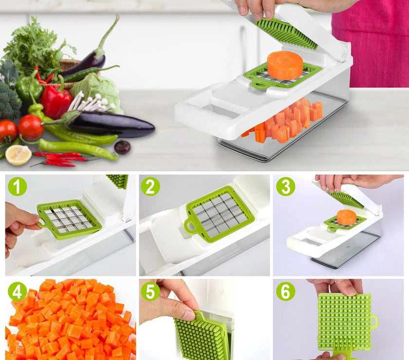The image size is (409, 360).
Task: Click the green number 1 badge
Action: tap(18, 187)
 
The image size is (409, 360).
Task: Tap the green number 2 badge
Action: tap(151, 187)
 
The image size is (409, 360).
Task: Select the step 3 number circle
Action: tap(285, 187)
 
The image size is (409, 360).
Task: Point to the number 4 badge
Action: tap(18, 291)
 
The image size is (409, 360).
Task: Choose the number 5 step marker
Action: tap(151, 291)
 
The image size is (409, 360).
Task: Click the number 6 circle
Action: tap(285, 291)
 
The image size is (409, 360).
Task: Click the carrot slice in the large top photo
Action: tap(285, 65)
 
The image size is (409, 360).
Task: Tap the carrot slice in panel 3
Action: tap(346, 217)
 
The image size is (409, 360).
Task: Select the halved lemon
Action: tap(19, 155)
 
